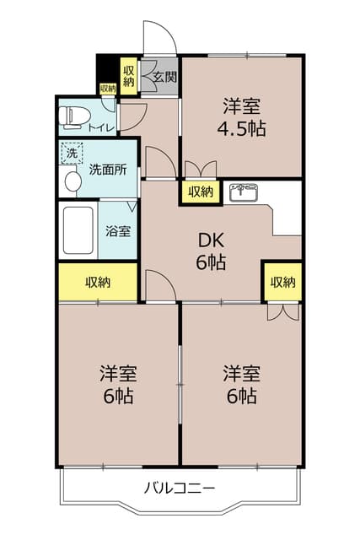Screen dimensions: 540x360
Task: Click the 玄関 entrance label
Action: click(164, 78)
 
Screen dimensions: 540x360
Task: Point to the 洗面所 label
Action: click(108, 169)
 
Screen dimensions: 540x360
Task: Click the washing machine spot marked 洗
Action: click(72, 154)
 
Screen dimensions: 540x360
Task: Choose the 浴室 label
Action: click(117, 230)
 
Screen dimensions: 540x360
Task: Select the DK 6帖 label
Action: click(211, 251)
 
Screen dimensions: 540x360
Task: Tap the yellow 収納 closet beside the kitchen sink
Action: click(201, 192)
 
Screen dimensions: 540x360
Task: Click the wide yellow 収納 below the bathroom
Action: click(97, 282)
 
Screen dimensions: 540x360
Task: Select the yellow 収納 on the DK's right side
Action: click(283, 282)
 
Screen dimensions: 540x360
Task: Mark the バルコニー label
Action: click(180, 488)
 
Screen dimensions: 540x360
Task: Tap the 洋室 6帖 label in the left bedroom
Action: click(118, 384)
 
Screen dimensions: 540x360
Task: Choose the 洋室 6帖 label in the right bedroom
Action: click(241, 384)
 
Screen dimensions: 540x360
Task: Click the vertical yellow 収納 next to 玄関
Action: click(129, 75)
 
